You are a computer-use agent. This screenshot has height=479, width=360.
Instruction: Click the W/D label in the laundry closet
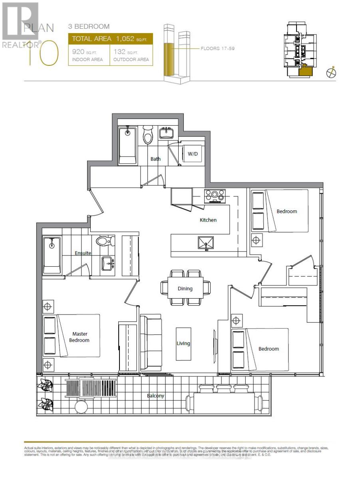[193, 154]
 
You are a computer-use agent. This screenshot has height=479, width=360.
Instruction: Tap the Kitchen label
[208, 220]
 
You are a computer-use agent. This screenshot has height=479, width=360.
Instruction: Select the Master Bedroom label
[80, 337]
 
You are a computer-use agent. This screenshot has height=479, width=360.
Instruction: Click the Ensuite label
[83, 253]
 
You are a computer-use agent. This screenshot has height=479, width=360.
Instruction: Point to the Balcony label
[155, 396]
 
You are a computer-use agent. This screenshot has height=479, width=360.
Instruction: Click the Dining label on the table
[185, 289]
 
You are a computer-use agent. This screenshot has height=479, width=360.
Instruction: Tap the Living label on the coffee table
[183, 343]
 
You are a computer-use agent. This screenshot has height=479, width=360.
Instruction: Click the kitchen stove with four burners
[215, 195]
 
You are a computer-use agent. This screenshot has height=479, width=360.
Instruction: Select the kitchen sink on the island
[205, 243]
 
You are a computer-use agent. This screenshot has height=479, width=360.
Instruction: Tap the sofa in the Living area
[150, 342]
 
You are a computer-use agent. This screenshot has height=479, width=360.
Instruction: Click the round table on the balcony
[82, 407]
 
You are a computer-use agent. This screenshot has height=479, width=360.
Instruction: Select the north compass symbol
[331, 73]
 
